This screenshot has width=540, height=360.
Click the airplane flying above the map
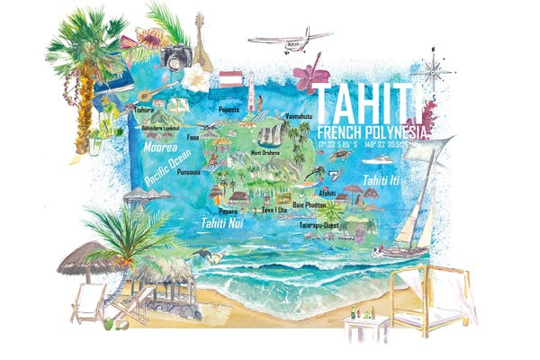(289, 40)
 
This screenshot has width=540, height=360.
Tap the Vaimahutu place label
(297, 116)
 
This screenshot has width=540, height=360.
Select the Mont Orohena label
(256, 153)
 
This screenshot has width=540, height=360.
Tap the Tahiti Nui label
(222, 222)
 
